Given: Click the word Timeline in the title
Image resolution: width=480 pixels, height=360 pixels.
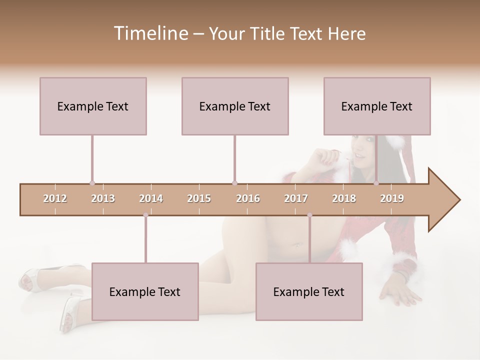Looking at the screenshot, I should (x=150, y=33).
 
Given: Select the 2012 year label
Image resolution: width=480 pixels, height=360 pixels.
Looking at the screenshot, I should (x=55, y=198).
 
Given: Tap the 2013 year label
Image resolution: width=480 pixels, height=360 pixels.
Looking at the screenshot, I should (x=103, y=198).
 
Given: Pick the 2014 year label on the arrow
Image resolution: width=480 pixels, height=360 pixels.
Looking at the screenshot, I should (x=151, y=198).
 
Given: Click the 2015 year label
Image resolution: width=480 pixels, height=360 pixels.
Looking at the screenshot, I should (x=199, y=198).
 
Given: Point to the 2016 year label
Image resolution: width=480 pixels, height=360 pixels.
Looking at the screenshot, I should (x=248, y=198).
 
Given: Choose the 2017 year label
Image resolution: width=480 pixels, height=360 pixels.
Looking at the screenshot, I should (x=296, y=198).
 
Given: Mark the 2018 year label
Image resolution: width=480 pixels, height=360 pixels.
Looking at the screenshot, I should (x=344, y=198).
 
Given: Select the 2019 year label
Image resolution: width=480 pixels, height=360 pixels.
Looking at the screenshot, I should (x=392, y=198).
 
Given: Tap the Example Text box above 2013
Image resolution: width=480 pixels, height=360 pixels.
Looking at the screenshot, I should (x=93, y=106).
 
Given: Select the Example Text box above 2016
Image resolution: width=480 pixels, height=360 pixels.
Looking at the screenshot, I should (x=235, y=106).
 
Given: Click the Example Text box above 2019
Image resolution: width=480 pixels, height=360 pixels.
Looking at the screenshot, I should (x=377, y=106).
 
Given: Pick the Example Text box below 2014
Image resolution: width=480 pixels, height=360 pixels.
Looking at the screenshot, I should (x=145, y=291).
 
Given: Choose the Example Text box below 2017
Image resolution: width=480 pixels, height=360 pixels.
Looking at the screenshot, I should (x=309, y=291).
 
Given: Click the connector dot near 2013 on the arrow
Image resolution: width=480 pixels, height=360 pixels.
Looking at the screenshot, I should (x=92, y=183).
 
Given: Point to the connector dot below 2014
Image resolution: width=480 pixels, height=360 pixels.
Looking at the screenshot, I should (x=145, y=215).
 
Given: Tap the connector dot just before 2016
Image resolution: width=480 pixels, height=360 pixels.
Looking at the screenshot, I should (x=234, y=183).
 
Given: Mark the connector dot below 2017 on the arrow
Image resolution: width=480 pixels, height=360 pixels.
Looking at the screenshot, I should (x=309, y=215).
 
